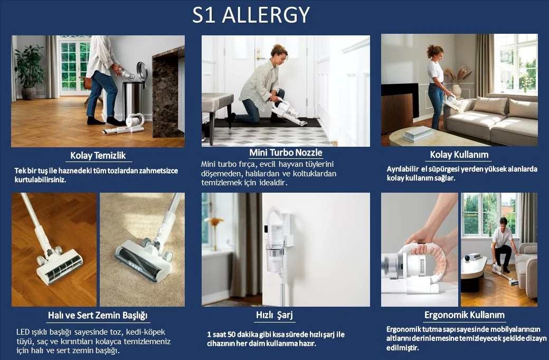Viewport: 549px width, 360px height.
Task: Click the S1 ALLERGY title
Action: [x=251, y=15]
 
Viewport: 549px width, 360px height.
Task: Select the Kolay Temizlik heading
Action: [x=98, y=156]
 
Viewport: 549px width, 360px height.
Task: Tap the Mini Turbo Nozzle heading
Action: [x=286, y=153]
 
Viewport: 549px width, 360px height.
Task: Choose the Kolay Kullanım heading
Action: [x=459, y=155]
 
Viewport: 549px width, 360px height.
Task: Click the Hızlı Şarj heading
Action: [x=274, y=315]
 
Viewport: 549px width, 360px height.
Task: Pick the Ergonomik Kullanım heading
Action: [x=464, y=315]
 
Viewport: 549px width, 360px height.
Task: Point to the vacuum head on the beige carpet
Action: [x=144, y=260]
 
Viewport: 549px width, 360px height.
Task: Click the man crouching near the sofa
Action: [x=502, y=244]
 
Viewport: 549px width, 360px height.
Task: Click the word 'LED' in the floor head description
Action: [x=23, y=332]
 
